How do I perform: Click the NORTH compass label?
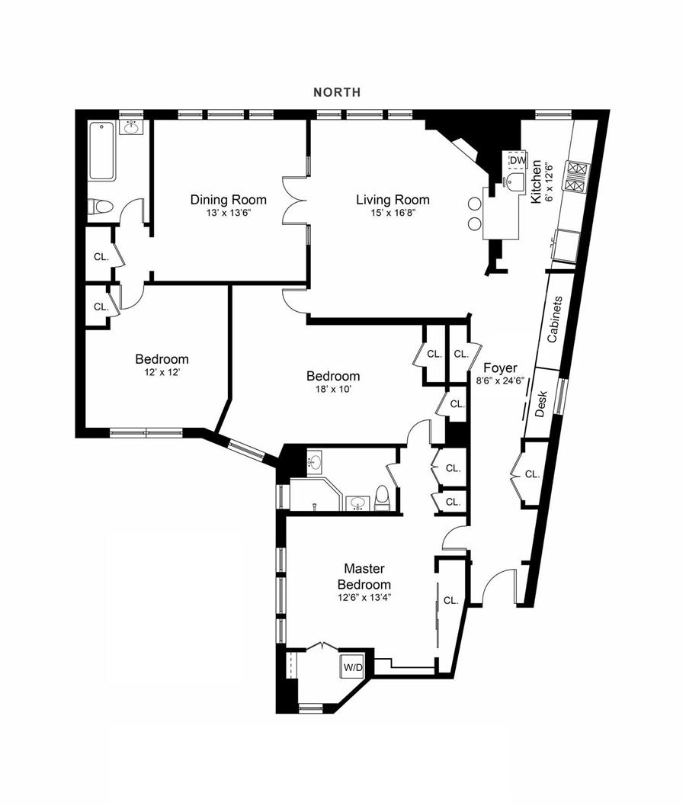(337, 92)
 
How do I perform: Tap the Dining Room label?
(228, 200)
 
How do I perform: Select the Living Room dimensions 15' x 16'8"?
(393, 215)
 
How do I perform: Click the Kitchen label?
(537, 181)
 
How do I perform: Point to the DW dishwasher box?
(518, 161)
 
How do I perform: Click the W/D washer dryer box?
(353, 667)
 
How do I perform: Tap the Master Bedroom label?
(364, 576)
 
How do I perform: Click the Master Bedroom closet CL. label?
(450, 600)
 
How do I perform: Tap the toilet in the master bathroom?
(383, 498)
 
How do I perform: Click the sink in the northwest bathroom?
(132, 126)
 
